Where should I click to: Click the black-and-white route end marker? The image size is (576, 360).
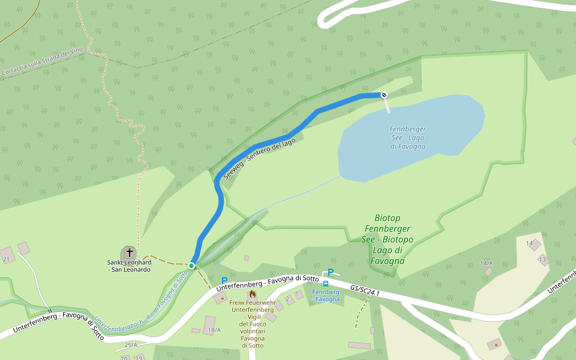[x=384, y=95]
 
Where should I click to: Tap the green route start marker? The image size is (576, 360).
[x=191, y=265]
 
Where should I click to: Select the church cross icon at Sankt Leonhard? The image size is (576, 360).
[x=129, y=253]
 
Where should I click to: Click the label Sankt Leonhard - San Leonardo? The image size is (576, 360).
[x=129, y=266]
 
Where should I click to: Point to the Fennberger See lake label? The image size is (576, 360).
[x=407, y=137]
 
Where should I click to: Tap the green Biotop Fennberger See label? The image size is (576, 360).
[x=388, y=239]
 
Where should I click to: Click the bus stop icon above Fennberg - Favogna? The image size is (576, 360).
[x=326, y=283]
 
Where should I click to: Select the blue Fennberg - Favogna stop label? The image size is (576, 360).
[x=326, y=295]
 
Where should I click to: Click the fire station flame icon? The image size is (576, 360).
[x=252, y=294]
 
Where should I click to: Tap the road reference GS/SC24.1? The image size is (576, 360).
[x=365, y=292]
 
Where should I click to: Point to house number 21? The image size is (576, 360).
[x=6, y=259]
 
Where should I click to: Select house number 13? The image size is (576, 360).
[x=542, y=259]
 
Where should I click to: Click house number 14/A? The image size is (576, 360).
[x=486, y=263]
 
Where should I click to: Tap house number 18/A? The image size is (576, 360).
[x=214, y=330]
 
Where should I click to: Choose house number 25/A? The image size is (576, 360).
[x=131, y=345]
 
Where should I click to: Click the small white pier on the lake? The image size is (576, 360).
[x=387, y=106]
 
